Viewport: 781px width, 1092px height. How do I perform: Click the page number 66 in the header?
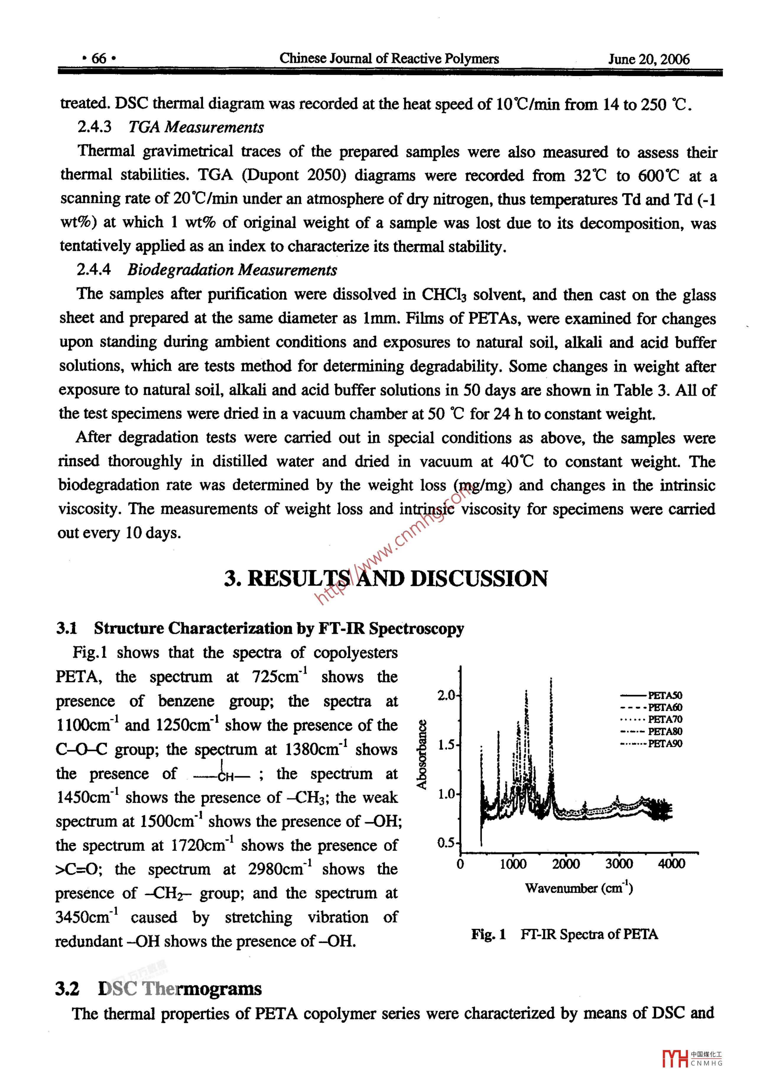click(x=99, y=59)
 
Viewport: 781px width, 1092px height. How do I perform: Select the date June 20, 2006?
click(x=648, y=59)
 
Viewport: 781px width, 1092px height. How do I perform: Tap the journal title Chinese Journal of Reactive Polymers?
click(x=389, y=59)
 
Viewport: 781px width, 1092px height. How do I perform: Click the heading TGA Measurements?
click(x=196, y=127)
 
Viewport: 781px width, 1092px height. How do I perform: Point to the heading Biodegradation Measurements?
click(x=232, y=270)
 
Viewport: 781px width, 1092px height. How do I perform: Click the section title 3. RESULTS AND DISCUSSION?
click(x=386, y=578)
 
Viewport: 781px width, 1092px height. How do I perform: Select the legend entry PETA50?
click(x=665, y=695)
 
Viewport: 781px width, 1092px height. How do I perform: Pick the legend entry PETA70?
click(x=665, y=719)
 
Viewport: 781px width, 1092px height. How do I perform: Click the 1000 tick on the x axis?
click(x=513, y=864)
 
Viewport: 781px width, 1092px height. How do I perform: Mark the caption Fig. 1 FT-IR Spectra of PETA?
click(x=565, y=934)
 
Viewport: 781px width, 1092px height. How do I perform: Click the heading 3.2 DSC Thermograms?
click(x=159, y=989)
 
